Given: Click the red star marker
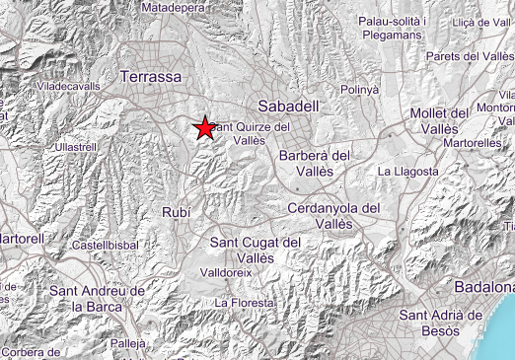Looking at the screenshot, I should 205,127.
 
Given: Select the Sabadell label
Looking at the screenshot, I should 285,105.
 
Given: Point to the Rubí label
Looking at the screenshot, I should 174,212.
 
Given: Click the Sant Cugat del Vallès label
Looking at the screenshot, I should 257,250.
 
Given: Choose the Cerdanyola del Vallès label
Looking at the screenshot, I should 333,216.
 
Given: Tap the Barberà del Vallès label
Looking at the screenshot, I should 315,164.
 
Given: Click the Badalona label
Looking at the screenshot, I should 484,286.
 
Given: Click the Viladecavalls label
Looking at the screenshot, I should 68,87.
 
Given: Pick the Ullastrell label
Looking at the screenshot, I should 78,147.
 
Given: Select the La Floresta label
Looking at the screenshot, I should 242,302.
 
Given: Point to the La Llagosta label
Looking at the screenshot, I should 407,172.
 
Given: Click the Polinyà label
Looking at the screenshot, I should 359,90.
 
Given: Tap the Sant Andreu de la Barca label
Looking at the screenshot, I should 98,299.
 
